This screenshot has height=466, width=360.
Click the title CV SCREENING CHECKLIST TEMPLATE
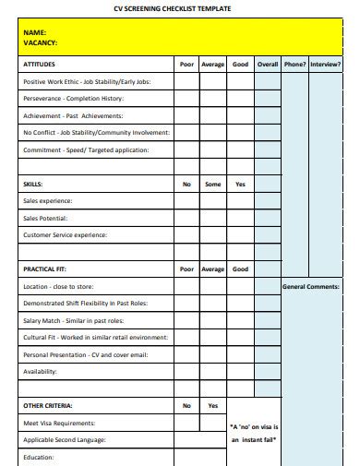(x=179, y=8)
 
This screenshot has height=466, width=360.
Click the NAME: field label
(x=35, y=31)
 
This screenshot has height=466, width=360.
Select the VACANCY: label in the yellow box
(x=42, y=42)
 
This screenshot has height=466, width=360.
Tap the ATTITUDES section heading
(x=40, y=65)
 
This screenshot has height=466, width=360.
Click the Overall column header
(x=268, y=65)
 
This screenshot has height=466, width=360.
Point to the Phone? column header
(x=295, y=65)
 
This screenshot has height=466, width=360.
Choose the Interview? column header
(x=325, y=65)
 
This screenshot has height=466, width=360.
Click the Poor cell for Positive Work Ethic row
(x=186, y=81)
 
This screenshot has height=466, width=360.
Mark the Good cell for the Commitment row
(x=240, y=149)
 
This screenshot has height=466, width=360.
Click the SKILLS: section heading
(x=33, y=184)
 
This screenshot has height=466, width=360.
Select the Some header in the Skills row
(x=213, y=184)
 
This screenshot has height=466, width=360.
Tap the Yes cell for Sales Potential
(x=240, y=218)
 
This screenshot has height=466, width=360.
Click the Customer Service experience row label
(x=65, y=235)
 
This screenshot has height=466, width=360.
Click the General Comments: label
(x=309, y=287)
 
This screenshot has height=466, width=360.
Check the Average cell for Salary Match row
(x=213, y=320)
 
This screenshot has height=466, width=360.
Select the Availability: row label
(x=41, y=372)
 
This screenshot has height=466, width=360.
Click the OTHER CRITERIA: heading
(x=48, y=406)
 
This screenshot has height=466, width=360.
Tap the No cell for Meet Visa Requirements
(x=186, y=424)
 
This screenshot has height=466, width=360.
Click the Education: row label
(x=39, y=457)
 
